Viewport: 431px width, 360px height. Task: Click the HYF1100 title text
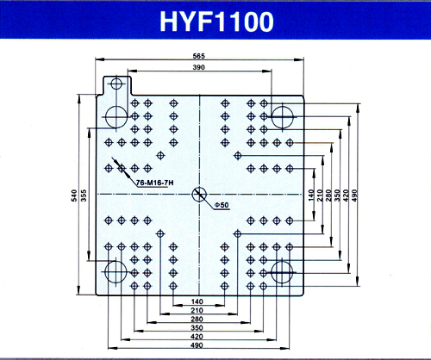(216, 22)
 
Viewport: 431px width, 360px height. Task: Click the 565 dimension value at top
(199, 56)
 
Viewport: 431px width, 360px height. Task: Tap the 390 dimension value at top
(199, 67)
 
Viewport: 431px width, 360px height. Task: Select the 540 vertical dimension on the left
(74, 196)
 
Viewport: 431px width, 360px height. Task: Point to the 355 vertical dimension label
(84, 196)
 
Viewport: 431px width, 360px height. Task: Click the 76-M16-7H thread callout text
(154, 183)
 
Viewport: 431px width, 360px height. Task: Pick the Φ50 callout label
(222, 205)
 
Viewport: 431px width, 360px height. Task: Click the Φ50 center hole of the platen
(199, 195)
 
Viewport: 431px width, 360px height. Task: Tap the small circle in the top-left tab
(116, 84)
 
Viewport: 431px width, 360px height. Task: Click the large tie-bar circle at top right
(283, 117)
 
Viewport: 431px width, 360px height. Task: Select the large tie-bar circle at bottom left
(116, 272)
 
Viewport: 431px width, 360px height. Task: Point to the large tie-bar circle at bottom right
(282, 272)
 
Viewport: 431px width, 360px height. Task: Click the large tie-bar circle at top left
(116, 117)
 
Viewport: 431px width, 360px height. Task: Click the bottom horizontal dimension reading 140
(197, 301)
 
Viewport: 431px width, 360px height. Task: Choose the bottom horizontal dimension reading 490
(197, 345)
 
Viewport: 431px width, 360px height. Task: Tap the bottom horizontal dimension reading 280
(197, 319)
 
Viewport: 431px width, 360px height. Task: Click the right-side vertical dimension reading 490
(354, 196)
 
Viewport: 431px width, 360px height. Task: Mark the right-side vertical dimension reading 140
(311, 196)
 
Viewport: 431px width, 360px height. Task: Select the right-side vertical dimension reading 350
(337, 196)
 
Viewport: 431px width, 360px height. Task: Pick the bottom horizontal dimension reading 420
(197, 337)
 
